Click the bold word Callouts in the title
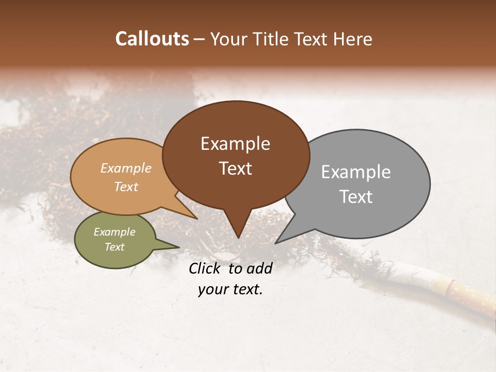coord(152,39)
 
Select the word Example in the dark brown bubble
coord(235,144)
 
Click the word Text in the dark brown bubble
coord(235,168)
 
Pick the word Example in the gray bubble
coord(356,172)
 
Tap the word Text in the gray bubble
coord(356,197)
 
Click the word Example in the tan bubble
coord(126,168)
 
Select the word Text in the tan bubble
coord(126,187)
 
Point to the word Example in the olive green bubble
coord(114,232)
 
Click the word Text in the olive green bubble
coord(114,247)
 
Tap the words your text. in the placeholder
coord(230,289)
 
